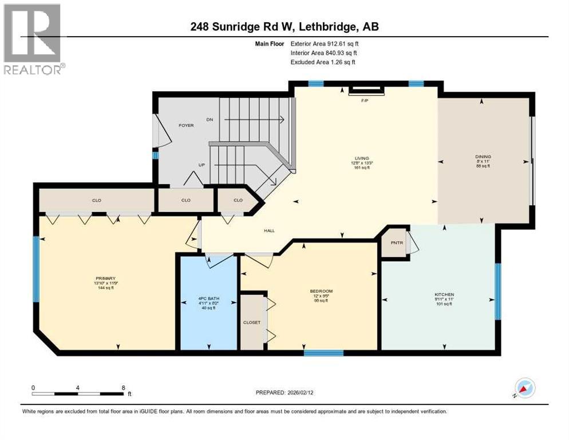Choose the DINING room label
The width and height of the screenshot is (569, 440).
[x=483, y=156]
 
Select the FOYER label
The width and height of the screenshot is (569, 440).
[x=186, y=125]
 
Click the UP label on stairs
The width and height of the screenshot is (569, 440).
[x=201, y=165]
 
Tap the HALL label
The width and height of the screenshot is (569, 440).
[x=269, y=231]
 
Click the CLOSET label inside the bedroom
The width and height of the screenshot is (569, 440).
[x=252, y=323]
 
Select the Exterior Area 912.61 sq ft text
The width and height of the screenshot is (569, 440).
[x=326, y=43]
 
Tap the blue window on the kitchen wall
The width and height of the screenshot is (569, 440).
[x=497, y=291]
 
